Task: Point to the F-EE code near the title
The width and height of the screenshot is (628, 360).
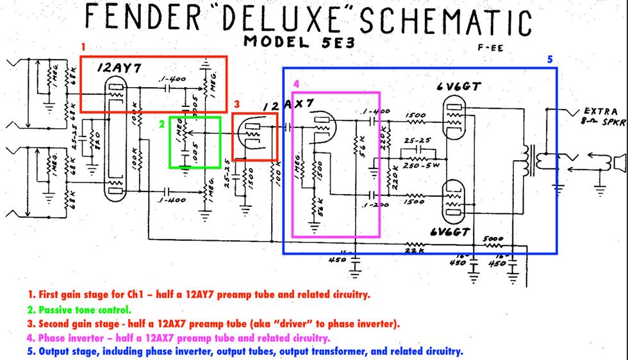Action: click(491, 48)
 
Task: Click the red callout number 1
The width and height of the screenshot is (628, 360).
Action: click(83, 47)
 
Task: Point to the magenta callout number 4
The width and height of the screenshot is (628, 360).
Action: click(295, 84)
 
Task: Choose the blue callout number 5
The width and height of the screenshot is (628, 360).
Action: click(549, 60)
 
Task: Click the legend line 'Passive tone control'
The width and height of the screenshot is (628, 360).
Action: click(70, 309)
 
